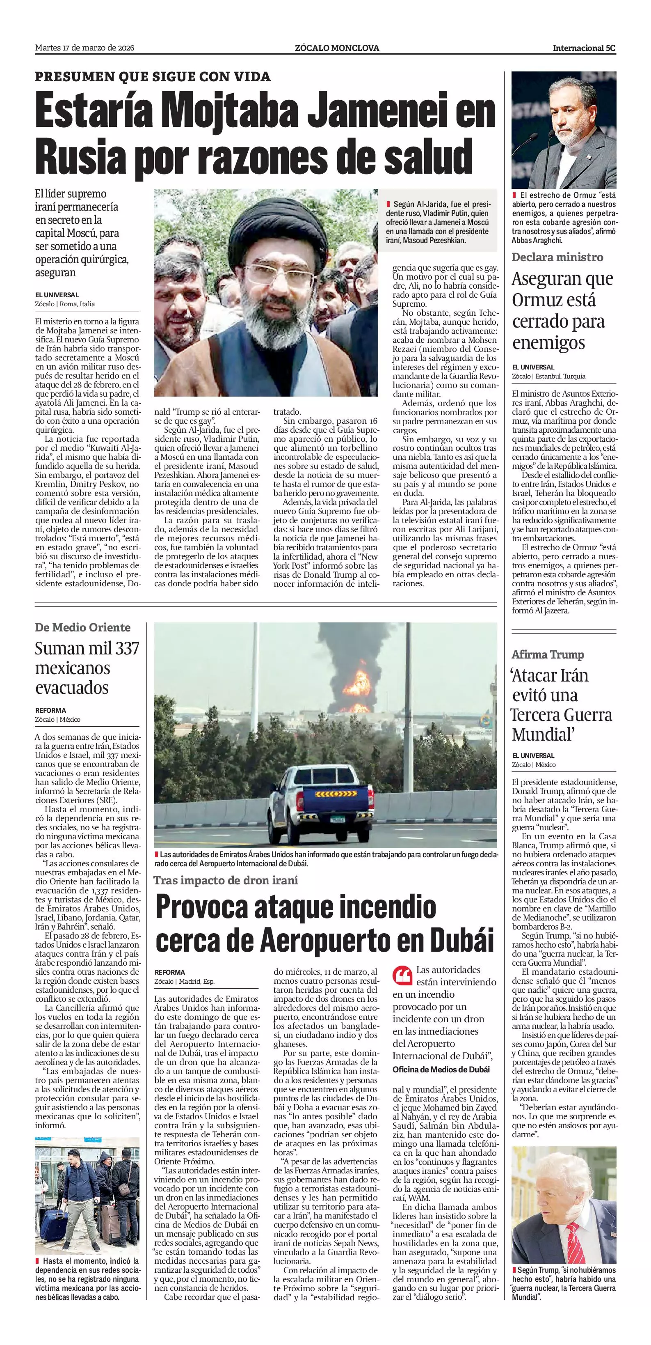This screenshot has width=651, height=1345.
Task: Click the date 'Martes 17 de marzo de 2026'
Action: (85, 48)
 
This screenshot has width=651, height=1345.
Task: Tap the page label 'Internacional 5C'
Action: (584, 48)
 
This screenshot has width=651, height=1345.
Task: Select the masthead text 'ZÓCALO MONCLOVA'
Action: (337, 48)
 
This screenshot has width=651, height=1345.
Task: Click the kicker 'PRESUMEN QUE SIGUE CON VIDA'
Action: (153, 77)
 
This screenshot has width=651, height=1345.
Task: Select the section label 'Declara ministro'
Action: (557, 257)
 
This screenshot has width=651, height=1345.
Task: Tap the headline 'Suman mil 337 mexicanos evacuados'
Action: (87, 668)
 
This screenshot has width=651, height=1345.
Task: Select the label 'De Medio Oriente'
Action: (82, 628)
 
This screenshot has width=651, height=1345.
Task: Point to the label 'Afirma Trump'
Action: (547, 654)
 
